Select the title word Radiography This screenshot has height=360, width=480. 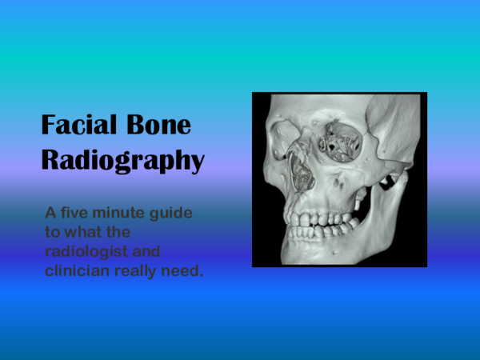pyautogui.click(x=122, y=159)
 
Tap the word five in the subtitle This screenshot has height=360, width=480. pyautogui.click(x=79, y=215)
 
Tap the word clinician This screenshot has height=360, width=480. pyautogui.click(x=77, y=270)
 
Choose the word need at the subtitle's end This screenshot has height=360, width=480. pyautogui.click(x=186, y=270)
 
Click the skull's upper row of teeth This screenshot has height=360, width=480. pyautogui.click(x=314, y=218)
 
